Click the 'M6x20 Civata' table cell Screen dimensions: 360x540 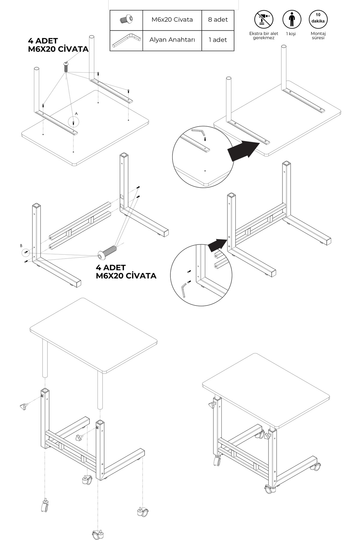(x=172, y=20)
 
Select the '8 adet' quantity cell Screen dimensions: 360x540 (x=218, y=20)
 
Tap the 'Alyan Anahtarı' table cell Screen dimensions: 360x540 (x=172, y=40)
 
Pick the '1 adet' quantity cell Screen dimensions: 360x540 (x=218, y=40)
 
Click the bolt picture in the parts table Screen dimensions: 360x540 (x=126, y=19)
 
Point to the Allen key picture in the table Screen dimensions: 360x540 (x=126, y=40)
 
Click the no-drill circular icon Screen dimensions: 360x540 (x=264, y=19)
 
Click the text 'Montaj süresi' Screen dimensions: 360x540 (x=318, y=36)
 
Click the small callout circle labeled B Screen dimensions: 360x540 (x=26, y=252)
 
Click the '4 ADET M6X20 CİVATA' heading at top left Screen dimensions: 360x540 (x=58, y=45)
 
